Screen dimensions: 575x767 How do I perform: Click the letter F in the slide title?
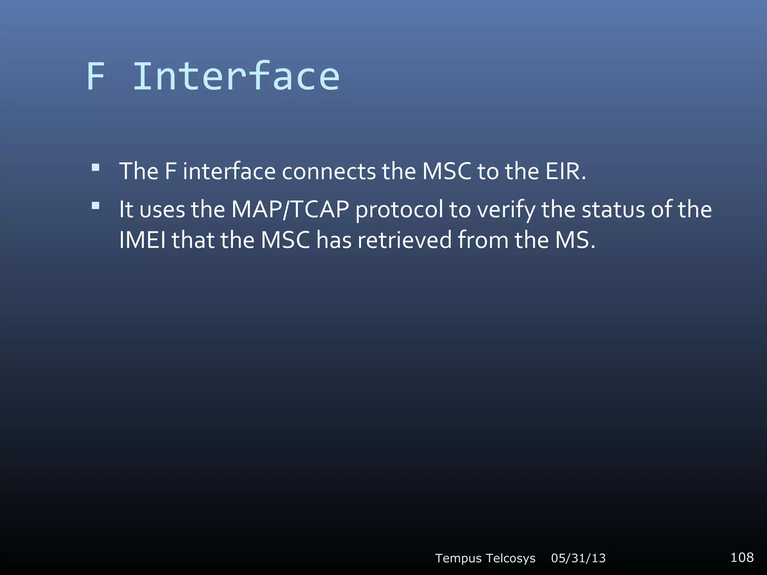(x=96, y=77)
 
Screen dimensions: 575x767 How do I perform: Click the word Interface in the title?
(x=236, y=77)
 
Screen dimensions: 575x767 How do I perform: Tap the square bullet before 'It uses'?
(x=96, y=205)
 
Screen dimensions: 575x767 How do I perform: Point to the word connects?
(x=328, y=171)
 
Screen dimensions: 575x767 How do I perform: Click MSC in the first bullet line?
(x=446, y=171)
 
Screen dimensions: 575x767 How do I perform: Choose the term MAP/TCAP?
(x=290, y=209)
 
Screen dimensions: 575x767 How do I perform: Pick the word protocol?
(x=399, y=210)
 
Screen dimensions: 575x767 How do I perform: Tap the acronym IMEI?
(x=142, y=240)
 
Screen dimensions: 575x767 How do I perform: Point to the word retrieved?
(x=404, y=240)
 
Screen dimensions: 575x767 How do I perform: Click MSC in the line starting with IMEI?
(x=285, y=240)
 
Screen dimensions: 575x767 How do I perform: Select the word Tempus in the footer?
(x=458, y=558)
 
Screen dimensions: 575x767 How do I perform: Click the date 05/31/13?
(x=578, y=558)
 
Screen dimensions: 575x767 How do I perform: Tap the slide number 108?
(x=742, y=557)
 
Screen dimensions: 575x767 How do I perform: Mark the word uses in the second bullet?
(x=162, y=210)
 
